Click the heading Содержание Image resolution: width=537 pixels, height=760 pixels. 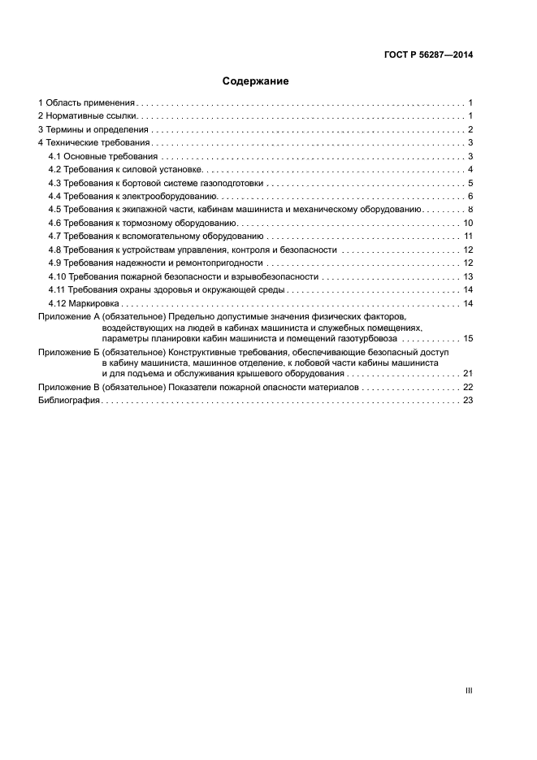pos(255,81)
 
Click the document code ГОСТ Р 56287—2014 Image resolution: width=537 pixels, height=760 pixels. pos(428,55)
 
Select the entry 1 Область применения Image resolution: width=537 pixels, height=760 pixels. pos(86,103)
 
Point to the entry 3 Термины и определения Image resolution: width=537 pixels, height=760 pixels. pos(93,130)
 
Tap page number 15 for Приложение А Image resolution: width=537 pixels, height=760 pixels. pos(467,338)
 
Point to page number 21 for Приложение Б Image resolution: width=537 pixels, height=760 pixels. pos(467,374)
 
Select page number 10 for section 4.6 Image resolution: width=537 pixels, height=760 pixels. pos(467,223)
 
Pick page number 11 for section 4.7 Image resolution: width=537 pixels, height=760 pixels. pos(467,236)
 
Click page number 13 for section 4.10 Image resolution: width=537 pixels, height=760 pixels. pos(467,276)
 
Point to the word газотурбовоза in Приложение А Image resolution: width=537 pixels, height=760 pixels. pos(368,338)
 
